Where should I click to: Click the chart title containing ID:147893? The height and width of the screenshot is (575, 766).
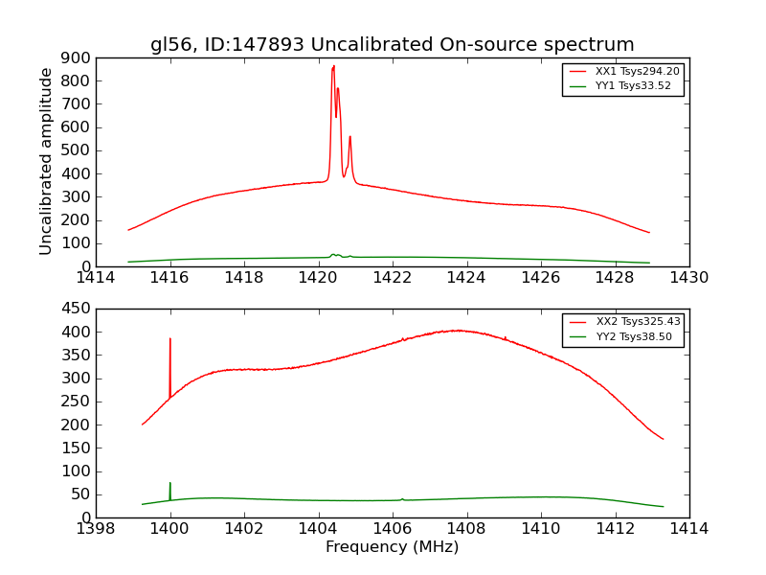pyautogui.click(x=392, y=45)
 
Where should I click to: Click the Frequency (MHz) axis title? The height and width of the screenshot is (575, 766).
pyautogui.click(x=392, y=547)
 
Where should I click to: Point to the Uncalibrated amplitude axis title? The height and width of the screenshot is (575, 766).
pyautogui.click(x=46, y=161)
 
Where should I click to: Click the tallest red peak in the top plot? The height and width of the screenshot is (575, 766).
pyautogui.click(x=333, y=66)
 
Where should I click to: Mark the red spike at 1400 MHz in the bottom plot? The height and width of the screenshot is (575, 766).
pyautogui.click(x=170, y=340)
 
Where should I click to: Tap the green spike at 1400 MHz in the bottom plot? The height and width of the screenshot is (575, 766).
pyautogui.click(x=170, y=485)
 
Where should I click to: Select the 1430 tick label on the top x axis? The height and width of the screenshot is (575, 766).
pyautogui.click(x=688, y=278)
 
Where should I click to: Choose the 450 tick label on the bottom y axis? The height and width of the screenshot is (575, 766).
pyautogui.click(x=77, y=309)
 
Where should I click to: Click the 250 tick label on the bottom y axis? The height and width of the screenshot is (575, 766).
pyautogui.click(x=77, y=402)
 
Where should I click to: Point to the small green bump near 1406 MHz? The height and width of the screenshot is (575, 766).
pyautogui.click(x=402, y=498)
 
